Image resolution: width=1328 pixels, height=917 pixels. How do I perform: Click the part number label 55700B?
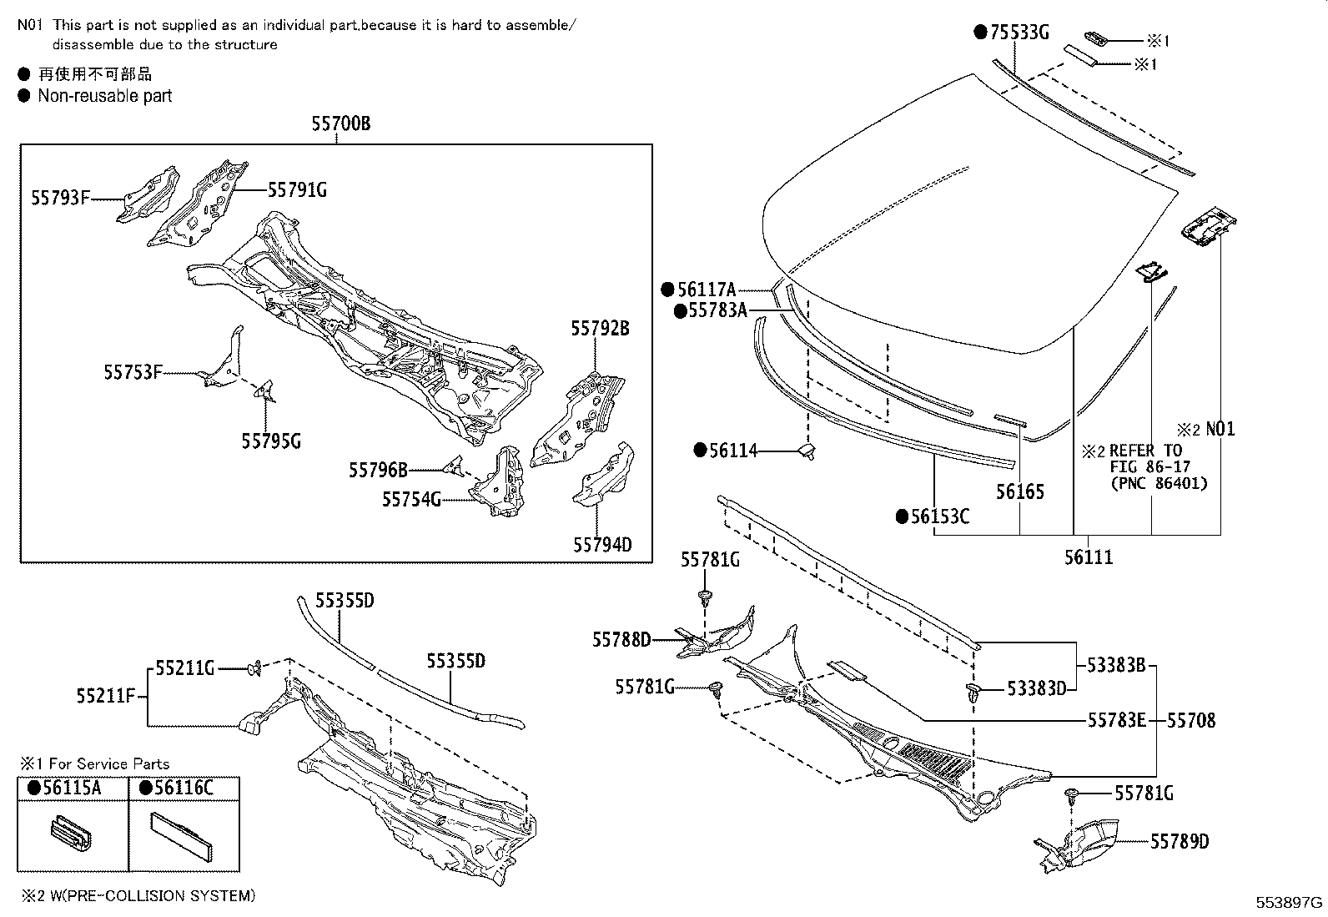(x=340, y=124)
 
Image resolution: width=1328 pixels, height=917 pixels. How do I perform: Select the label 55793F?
(x=60, y=198)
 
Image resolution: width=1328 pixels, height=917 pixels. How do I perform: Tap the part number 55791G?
(x=297, y=190)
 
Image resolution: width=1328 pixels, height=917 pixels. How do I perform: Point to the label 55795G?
(x=271, y=441)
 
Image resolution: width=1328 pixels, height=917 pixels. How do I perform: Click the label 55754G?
(x=411, y=499)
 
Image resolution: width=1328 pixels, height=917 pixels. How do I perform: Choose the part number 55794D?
(x=602, y=545)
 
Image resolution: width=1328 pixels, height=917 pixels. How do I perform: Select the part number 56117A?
(x=707, y=290)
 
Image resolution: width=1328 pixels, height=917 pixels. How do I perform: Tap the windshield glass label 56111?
(x=1089, y=557)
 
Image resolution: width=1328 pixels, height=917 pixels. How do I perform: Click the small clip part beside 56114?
(x=807, y=451)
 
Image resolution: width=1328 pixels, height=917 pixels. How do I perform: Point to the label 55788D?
(x=621, y=639)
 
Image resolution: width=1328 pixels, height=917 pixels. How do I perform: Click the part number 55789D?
(x=1180, y=841)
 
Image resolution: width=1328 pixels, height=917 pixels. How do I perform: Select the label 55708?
(x=1191, y=719)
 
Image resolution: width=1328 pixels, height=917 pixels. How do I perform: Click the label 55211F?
(x=106, y=695)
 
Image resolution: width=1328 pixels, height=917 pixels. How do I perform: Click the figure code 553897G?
(x=1290, y=903)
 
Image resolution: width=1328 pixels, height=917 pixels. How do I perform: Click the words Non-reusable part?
(x=105, y=95)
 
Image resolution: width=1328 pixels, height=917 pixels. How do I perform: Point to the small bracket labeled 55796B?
(x=455, y=465)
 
